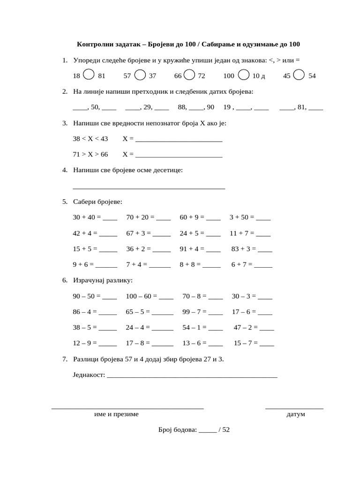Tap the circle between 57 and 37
coord(140,75)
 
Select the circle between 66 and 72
coord(189,75)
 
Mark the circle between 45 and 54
coord(300,75)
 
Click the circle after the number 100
coord(244,75)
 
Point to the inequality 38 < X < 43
coord(90,139)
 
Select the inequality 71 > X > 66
coord(90,154)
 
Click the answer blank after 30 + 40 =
coord(110,218)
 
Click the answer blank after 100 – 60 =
coord(166,298)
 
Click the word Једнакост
coord(89,375)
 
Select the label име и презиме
coord(116,414)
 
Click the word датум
coord(295,414)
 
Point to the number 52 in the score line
coord(226,430)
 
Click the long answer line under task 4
coord(149,188)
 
